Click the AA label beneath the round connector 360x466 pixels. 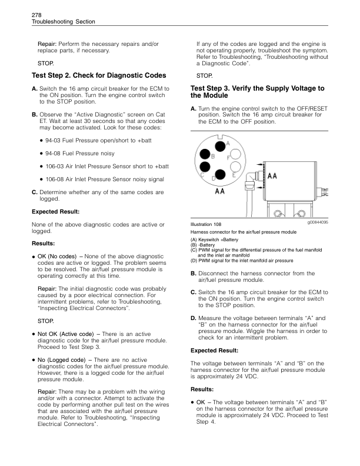(221, 191)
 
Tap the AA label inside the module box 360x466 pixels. (272, 176)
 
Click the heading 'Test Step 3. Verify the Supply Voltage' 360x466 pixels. (257, 92)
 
